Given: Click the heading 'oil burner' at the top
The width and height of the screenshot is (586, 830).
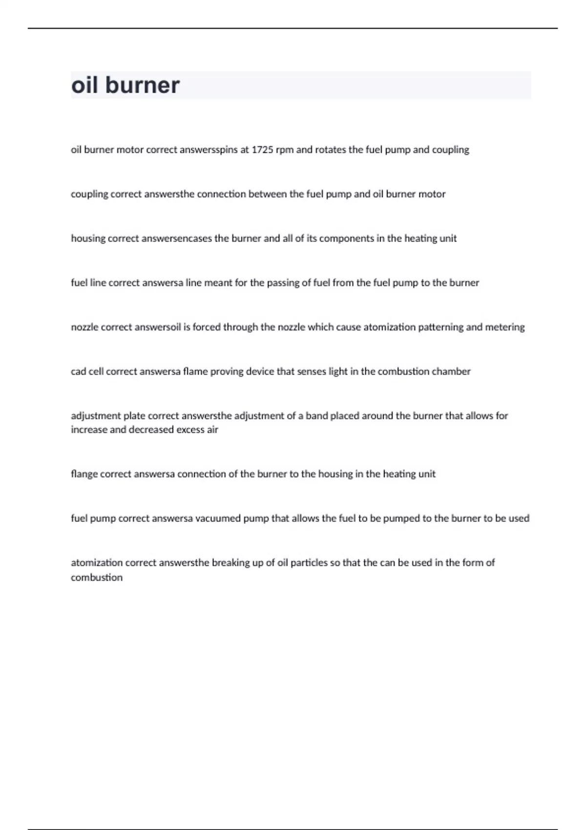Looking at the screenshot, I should click(x=126, y=85).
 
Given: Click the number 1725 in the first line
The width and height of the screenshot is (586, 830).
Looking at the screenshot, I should click(x=262, y=150).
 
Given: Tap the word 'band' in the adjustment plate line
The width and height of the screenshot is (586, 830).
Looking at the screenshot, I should click(x=316, y=416).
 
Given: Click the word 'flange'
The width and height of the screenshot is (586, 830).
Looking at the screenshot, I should click(x=84, y=474).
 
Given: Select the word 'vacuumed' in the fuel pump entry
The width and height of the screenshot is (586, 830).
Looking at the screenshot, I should click(x=218, y=519).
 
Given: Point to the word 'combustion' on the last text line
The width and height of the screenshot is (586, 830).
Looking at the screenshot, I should click(x=97, y=578).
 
